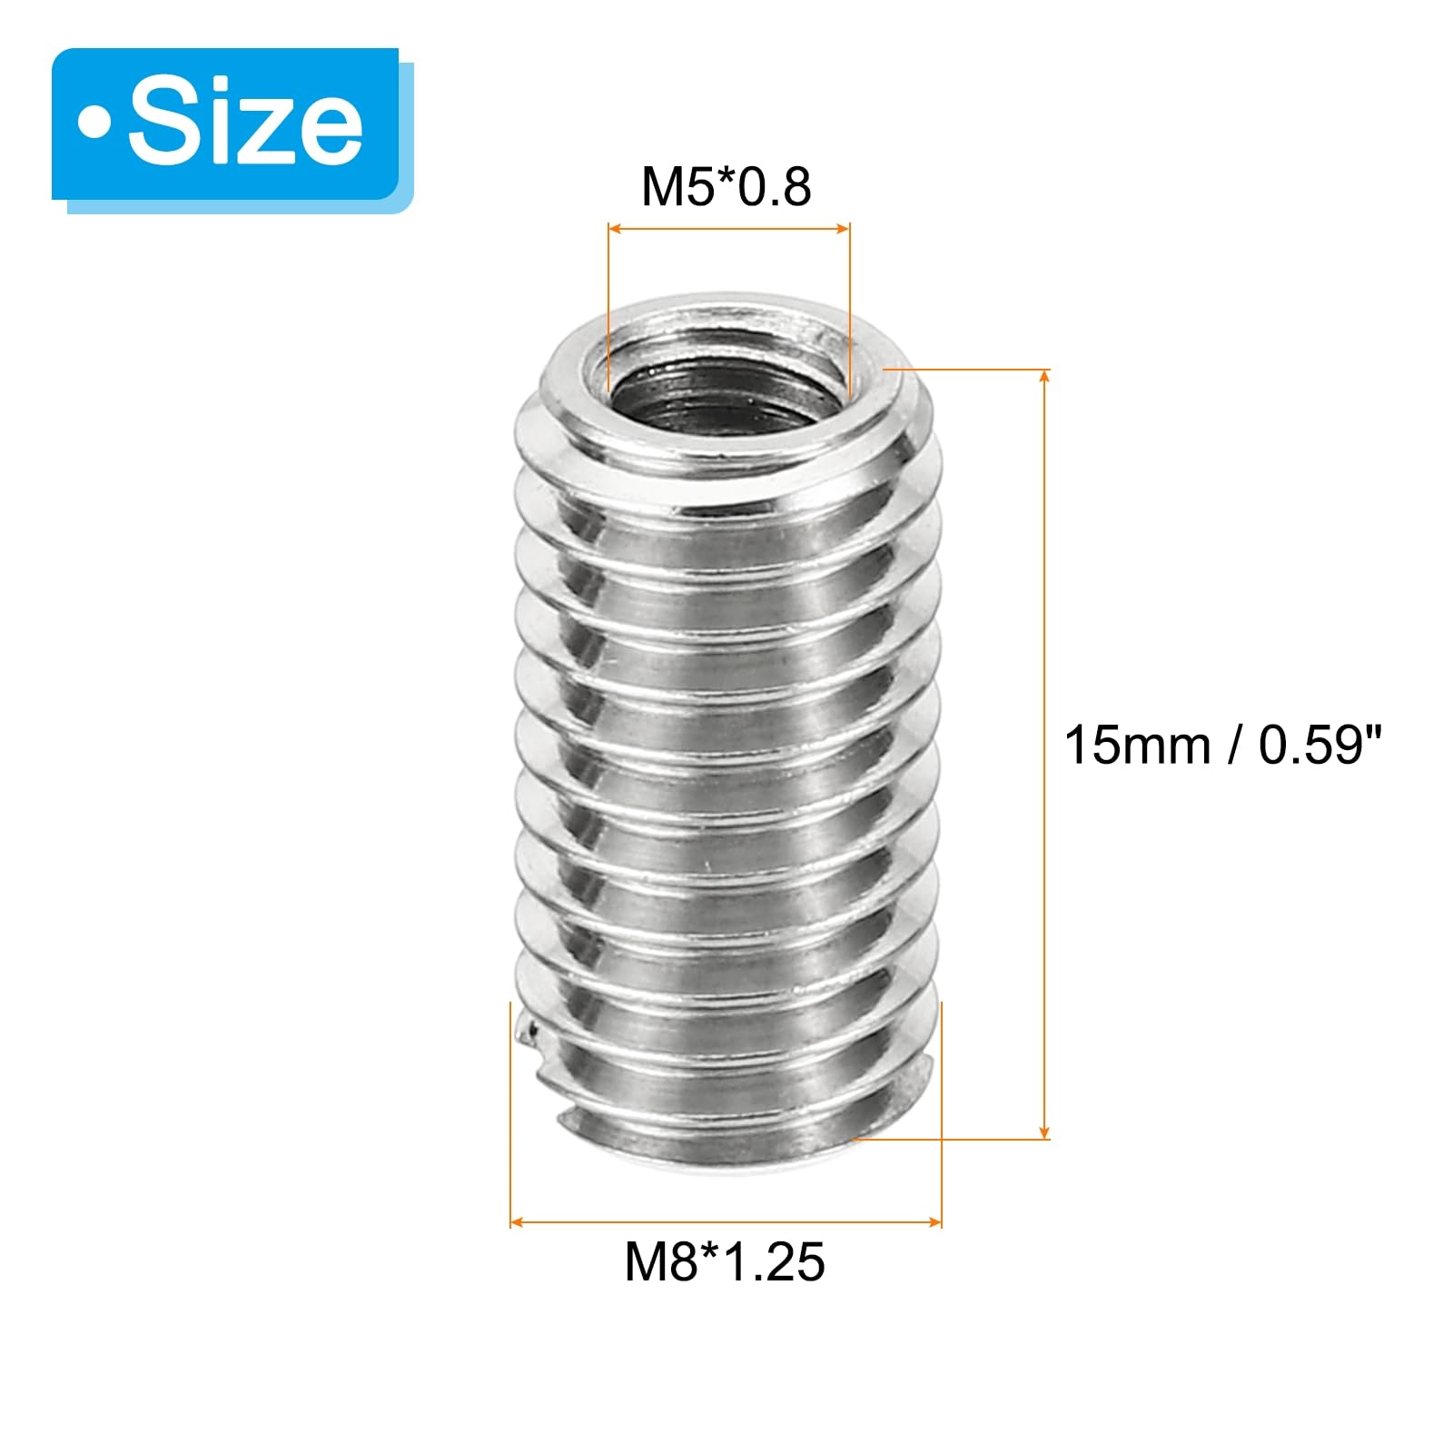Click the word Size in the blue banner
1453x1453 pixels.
click(x=245, y=123)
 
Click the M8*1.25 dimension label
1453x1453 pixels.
click(x=725, y=1261)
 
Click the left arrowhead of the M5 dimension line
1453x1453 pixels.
click(x=615, y=228)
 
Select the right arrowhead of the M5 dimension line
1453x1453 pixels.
click(x=842, y=228)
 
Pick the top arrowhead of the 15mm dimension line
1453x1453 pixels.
click(x=1045, y=377)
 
